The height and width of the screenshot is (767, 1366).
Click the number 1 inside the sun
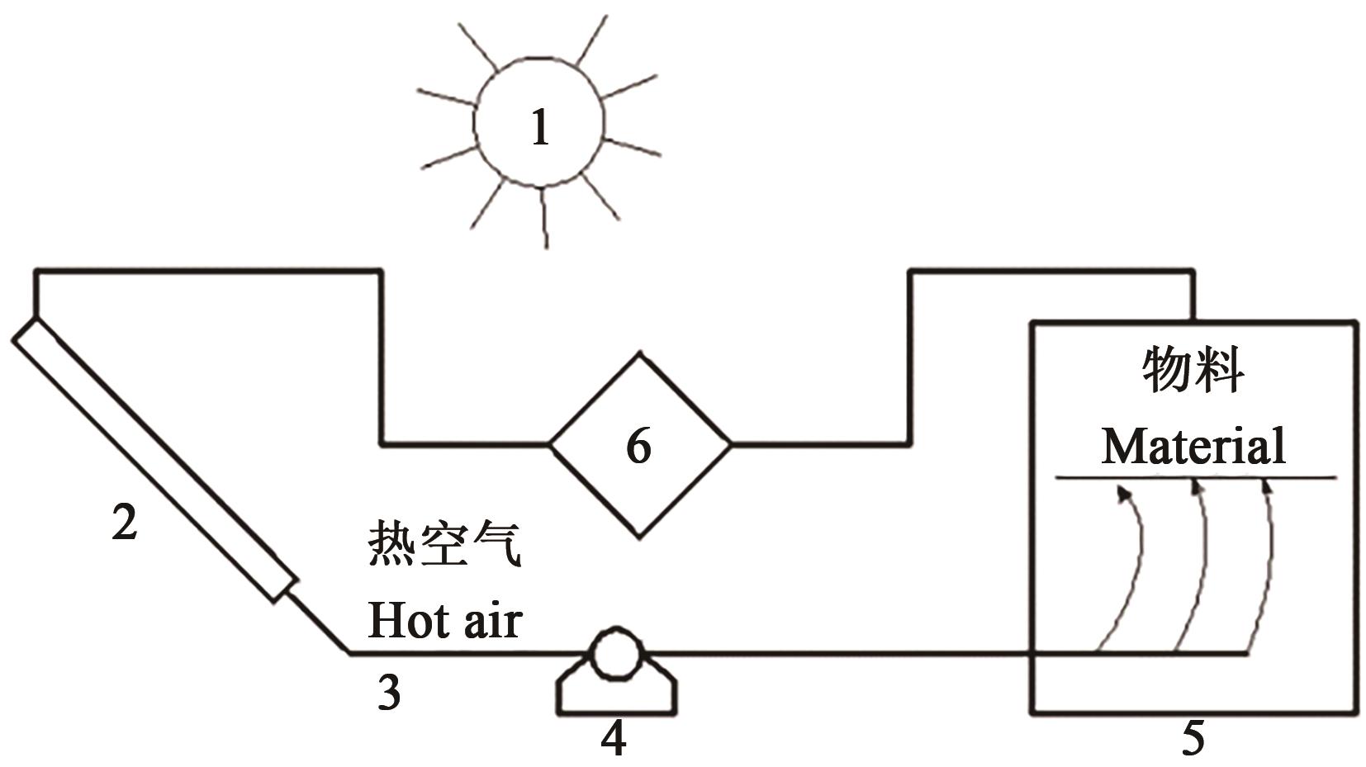540,129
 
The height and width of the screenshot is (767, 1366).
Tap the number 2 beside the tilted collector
124,523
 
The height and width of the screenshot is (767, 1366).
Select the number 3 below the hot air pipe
389,693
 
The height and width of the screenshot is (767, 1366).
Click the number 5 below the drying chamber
1193,738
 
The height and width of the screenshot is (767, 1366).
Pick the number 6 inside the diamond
638,446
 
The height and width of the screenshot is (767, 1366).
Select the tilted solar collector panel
154,459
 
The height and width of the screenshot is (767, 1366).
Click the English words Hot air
444,620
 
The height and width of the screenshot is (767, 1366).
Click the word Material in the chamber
1193,446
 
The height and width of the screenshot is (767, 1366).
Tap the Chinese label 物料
1193,371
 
